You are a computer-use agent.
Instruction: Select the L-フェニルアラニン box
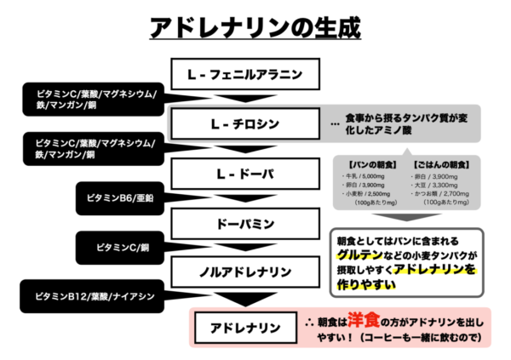[x=244, y=74]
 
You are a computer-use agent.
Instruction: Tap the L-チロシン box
[x=244, y=125]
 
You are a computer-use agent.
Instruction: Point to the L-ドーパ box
[x=244, y=174]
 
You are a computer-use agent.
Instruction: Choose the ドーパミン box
[x=244, y=224]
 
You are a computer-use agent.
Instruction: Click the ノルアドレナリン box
[x=244, y=272]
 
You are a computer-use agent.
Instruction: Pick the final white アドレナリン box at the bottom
[x=244, y=327]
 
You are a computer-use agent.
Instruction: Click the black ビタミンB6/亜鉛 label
[x=119, y=197]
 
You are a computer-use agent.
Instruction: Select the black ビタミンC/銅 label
[x=118, y=248]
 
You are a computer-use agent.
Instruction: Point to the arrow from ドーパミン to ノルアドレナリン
[x=244, y=248]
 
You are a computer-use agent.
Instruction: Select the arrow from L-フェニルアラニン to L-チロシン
[x=244, y=99]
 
